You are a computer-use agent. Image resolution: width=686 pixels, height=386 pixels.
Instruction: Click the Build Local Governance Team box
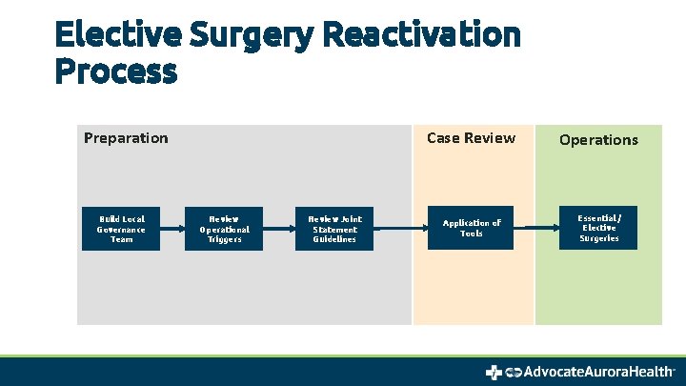coord(121,229)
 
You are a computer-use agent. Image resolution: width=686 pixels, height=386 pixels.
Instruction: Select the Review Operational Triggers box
coord(224,229)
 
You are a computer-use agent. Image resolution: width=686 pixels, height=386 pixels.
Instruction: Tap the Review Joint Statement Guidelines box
coord(334,229)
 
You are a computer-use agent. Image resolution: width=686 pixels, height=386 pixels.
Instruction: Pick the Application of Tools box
coord(471,229)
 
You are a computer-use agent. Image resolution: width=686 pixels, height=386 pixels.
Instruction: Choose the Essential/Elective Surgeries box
coord(598,229)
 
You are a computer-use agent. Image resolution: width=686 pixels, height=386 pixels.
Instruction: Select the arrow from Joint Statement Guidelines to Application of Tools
coord(401,229)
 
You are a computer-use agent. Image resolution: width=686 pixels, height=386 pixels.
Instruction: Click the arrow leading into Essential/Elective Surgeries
coord(535,229)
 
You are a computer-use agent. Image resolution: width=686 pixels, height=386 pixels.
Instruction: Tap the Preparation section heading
coord(126,138)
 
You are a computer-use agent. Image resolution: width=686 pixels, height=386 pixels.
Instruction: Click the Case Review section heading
coord(471,138)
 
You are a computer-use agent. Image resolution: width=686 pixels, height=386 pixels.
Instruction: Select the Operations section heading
coord(598,140)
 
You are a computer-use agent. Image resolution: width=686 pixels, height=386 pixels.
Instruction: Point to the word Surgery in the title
coord(252,35)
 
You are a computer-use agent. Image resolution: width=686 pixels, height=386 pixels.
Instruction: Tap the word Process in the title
coord(115,71)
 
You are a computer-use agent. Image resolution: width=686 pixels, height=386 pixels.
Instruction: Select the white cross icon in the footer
coord(494,372)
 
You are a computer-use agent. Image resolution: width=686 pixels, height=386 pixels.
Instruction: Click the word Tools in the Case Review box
coord(471,234)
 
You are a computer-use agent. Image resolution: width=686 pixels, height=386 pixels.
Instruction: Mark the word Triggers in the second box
coord(224,239)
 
